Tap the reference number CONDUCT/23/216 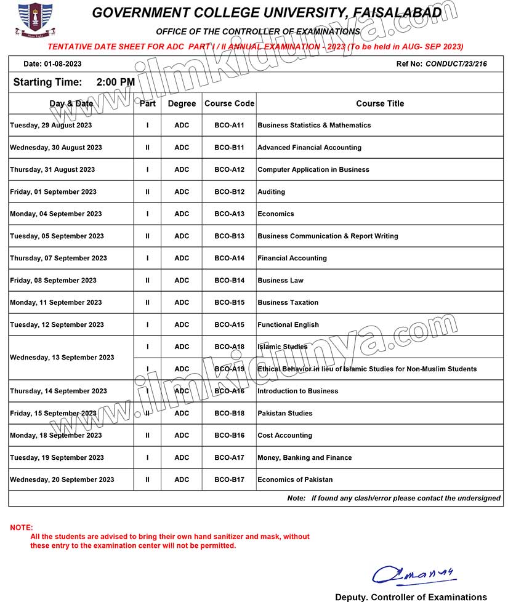[456, 64]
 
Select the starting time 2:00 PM [116, 82]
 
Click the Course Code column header [229, 103]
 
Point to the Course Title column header [380, 103]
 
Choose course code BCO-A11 [229, 125]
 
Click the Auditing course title [272, 191]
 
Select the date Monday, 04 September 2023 [56, 214]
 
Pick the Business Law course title [280, 280]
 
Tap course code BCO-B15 [229, 302]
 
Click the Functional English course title [288, 324]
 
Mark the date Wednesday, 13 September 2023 [62, 358]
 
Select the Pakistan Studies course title [285, 413]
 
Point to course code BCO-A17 [229, 457]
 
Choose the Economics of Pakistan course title [295, 480]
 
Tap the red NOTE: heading [22, 528]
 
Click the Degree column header [182, 103]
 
